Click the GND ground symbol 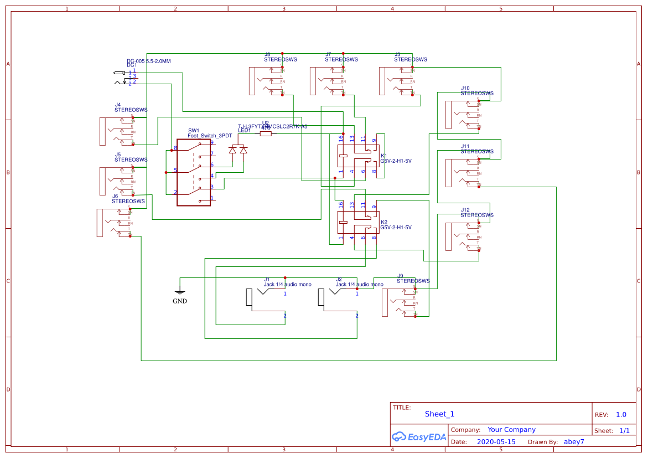pos(179,292)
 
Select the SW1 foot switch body pos(194,172)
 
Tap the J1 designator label pos(267,279)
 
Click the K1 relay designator pos(384,156)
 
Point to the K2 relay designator pos(384,222)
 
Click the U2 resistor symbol pos(266,133)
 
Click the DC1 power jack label pos(132,65)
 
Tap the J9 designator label pos(400,275)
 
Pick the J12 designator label pos(465,210)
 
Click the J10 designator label pos(465,88)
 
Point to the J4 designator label pos(118,105)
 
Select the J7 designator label pos(328,54)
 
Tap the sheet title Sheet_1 pos(439,414)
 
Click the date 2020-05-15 pos(496,442)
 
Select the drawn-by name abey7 pos(573,442)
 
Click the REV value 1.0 pos(621,414)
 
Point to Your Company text pos(511,430)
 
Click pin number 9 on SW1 pos(212,142)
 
